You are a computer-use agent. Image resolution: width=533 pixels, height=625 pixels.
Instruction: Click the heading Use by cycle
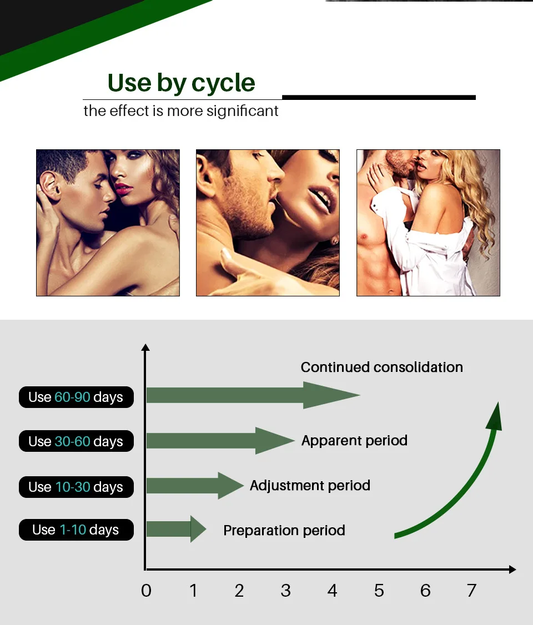click(x=181, y=83)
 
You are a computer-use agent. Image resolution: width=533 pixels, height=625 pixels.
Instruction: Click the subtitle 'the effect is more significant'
click(x=181, y=111)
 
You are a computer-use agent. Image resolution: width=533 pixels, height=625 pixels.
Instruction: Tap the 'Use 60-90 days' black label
click(x=76, y=397)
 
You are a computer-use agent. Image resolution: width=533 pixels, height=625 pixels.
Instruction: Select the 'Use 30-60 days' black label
click(x=76, y=441)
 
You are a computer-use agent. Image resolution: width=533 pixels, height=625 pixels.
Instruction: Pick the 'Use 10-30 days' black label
click(x=76, y=487)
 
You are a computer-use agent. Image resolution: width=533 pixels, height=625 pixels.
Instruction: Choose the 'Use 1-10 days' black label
click(x=76, y=530)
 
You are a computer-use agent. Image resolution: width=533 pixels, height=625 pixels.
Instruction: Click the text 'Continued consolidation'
click(x=381, y=367)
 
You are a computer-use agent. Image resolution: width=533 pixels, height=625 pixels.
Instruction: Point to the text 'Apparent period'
click(x=354, y=441)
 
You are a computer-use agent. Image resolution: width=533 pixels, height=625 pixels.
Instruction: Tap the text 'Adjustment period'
click(x=310, y=486)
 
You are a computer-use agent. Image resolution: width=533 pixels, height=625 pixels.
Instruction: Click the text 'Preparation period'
click(x=284, y=531)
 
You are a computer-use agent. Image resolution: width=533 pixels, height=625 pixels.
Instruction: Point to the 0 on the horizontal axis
click(x=146, y=591)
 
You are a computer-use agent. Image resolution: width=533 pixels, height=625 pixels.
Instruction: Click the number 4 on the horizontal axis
click(x=332, y=591)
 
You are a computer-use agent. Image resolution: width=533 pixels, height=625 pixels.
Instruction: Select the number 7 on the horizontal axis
click(x=471, y=591)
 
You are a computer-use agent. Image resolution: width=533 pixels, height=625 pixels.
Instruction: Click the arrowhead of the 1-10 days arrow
click(x=198, y=529)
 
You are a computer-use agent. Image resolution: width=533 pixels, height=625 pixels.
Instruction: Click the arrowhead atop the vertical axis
click(x=145, y=348)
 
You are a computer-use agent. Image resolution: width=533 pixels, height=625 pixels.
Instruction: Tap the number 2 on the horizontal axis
click(x=239, y=591)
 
